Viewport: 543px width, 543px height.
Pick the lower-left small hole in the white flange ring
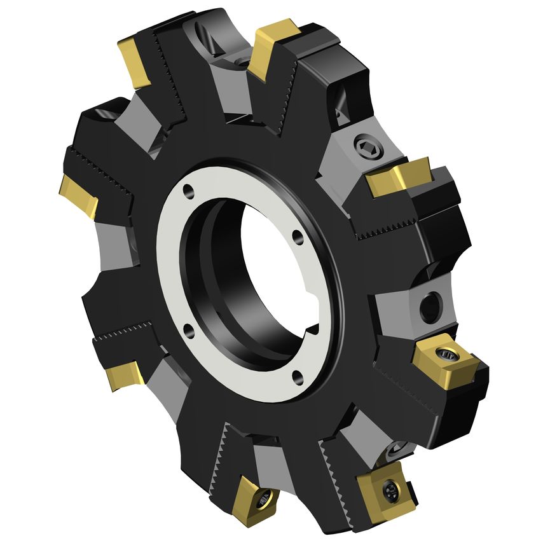[x=189, y=329]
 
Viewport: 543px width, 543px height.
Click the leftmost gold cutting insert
[x=79, y=196]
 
